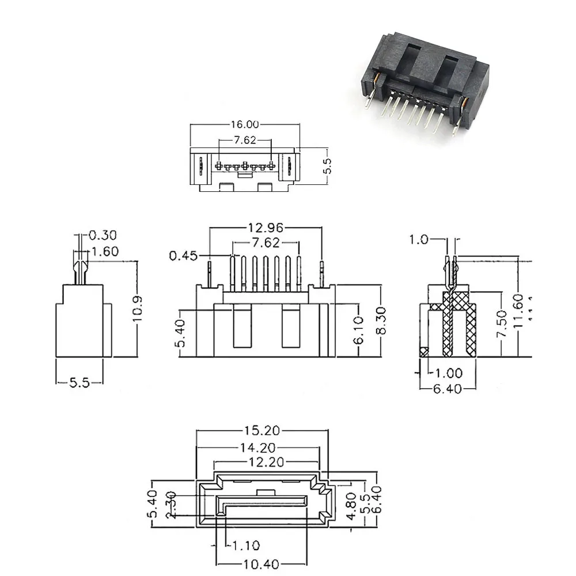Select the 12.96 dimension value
tap(266, 226)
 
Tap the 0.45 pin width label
tap(183, 255)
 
